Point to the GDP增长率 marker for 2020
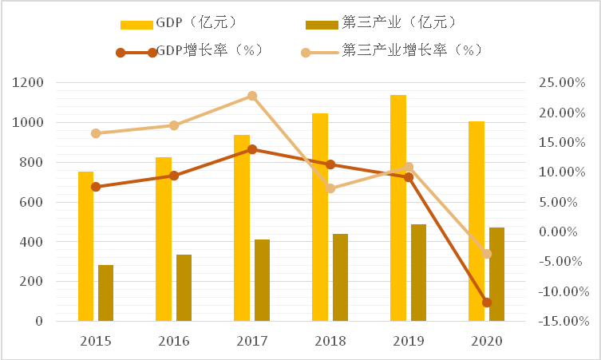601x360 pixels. coord(487,303)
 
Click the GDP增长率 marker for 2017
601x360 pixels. coord(252,149)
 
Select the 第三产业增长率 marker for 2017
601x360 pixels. coord(252,96)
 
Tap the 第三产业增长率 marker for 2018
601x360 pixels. coord(330,188)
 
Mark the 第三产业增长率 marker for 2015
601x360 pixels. coord(96,133)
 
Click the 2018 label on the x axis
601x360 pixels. coord(330,341)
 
